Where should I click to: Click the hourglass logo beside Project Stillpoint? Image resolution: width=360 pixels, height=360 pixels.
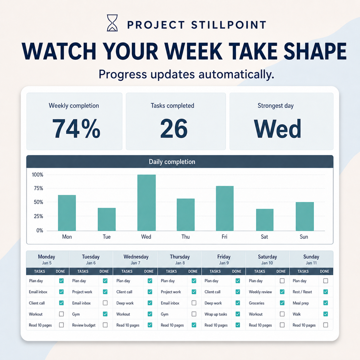click(x=112, y=23)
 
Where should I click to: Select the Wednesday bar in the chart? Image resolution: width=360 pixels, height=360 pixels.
click(x=146, y=203)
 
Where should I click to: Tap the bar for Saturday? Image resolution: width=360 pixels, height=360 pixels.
click(x=265, y=220)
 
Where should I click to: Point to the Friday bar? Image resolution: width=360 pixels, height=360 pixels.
click(x=225, y=208)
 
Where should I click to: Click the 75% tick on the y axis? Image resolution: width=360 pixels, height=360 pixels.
click(x=38, y=188)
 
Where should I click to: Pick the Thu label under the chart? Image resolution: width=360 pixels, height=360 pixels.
click(x=185, y=237)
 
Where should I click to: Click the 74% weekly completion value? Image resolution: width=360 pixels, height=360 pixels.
click(x=76, y=129)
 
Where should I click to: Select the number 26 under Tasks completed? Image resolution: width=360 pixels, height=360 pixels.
click(x=174, y=129)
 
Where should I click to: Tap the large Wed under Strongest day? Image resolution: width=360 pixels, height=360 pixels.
click(x=277, y=129)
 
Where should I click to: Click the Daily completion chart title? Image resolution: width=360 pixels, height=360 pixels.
click(x=172, y=162)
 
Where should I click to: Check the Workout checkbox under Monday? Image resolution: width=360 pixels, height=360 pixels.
click(x=61, y=314)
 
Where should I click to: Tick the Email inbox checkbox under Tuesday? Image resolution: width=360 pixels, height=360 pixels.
click(x=105, y=303)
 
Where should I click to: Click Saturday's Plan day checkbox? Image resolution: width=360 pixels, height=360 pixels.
click(x=282, y=281)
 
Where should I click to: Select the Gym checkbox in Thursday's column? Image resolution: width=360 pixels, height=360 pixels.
click(x=194, y=314)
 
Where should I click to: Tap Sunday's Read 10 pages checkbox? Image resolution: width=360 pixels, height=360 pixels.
click(x=326, y=325)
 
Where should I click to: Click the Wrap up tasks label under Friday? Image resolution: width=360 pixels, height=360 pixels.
click(x=216, y=314)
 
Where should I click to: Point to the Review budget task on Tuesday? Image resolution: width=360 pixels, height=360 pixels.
click(x=84, y=325)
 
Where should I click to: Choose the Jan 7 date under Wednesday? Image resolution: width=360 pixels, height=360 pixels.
click(x=136, y=263)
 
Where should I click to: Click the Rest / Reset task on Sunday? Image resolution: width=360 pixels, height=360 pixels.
click(x=302, y=292)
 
